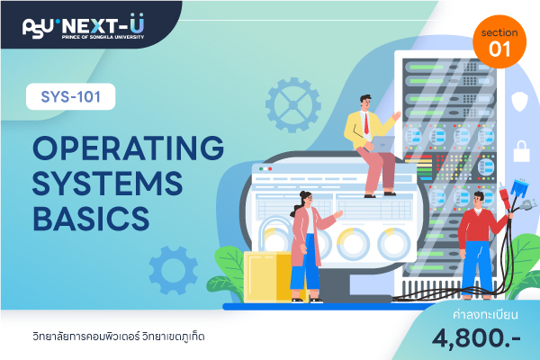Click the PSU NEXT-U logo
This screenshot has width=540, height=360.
pyautogui.click(x=84, y=26)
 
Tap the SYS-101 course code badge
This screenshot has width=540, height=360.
pyautogui.click(x=70, y=96)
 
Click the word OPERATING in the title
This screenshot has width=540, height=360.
pyautogui.click(x=128, y=148)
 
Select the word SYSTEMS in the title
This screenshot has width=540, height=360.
pyautogui.click(x=107, y=184)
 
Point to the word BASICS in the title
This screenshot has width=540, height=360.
pyautogui.click(x=91, y=219)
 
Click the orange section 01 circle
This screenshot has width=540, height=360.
pyautogui.click(x=499, y=41)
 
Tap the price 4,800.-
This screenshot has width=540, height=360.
pyautogui.click(x=476, y=338)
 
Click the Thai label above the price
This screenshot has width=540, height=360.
pyautogui.click(x=485, y=314)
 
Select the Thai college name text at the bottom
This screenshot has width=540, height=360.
pyautogui.click(x=119, y=337)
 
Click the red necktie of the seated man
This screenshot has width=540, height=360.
pyautogui.click(x=366, y=123)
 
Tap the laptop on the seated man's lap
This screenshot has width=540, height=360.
pyautogui.click(x=382, y=144)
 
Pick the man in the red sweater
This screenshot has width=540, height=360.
pyautogui.click(x=481, y=245)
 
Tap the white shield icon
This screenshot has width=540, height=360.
pyautogui.click(x=519, y=101)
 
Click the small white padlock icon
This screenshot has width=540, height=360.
pyautogui.click(x=521, y=151)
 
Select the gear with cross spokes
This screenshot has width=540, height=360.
pyautogui.click(x=293, y=105)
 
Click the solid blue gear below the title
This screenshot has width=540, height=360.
pyautogui.click(x=173, y=270)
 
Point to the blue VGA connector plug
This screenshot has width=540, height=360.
pyautogui.click(x=519, y=188)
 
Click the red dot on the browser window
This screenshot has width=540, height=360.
pyautogui.click(x=270, y=169)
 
